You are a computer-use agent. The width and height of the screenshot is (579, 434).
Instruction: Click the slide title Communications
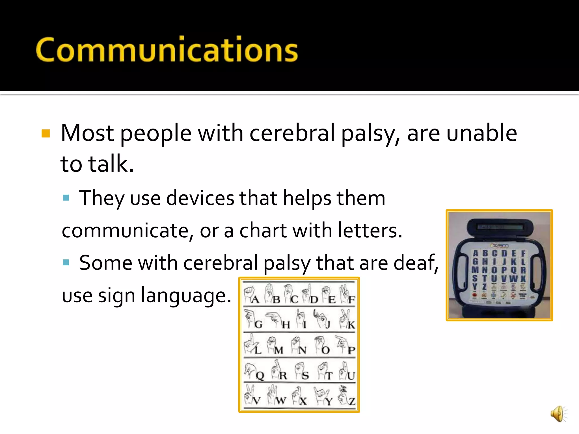click(x=167, y=50)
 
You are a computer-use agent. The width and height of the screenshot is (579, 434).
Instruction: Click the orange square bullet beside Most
click(x=46, y=133)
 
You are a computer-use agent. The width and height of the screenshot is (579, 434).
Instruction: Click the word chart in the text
click(x=263, y=230)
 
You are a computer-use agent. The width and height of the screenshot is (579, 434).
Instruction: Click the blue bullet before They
click(x=66, y=198)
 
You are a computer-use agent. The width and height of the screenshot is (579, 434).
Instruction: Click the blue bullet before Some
click(x=66, y=262)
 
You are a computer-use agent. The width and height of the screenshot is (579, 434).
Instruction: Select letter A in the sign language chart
click(x=255, y=299)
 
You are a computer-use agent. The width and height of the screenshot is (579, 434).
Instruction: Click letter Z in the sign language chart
click(x=352, y=401)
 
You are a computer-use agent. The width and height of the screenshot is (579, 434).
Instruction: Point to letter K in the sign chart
click(x=351, y=325)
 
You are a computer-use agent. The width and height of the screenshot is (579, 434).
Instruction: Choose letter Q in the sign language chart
click(x=260, y=376)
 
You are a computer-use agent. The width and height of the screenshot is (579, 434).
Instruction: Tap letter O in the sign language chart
click(x=326, y=350)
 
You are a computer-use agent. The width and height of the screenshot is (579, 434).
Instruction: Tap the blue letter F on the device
click(x=523, y=253)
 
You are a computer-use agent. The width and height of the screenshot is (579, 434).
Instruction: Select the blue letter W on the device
click(x=513, y=279)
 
